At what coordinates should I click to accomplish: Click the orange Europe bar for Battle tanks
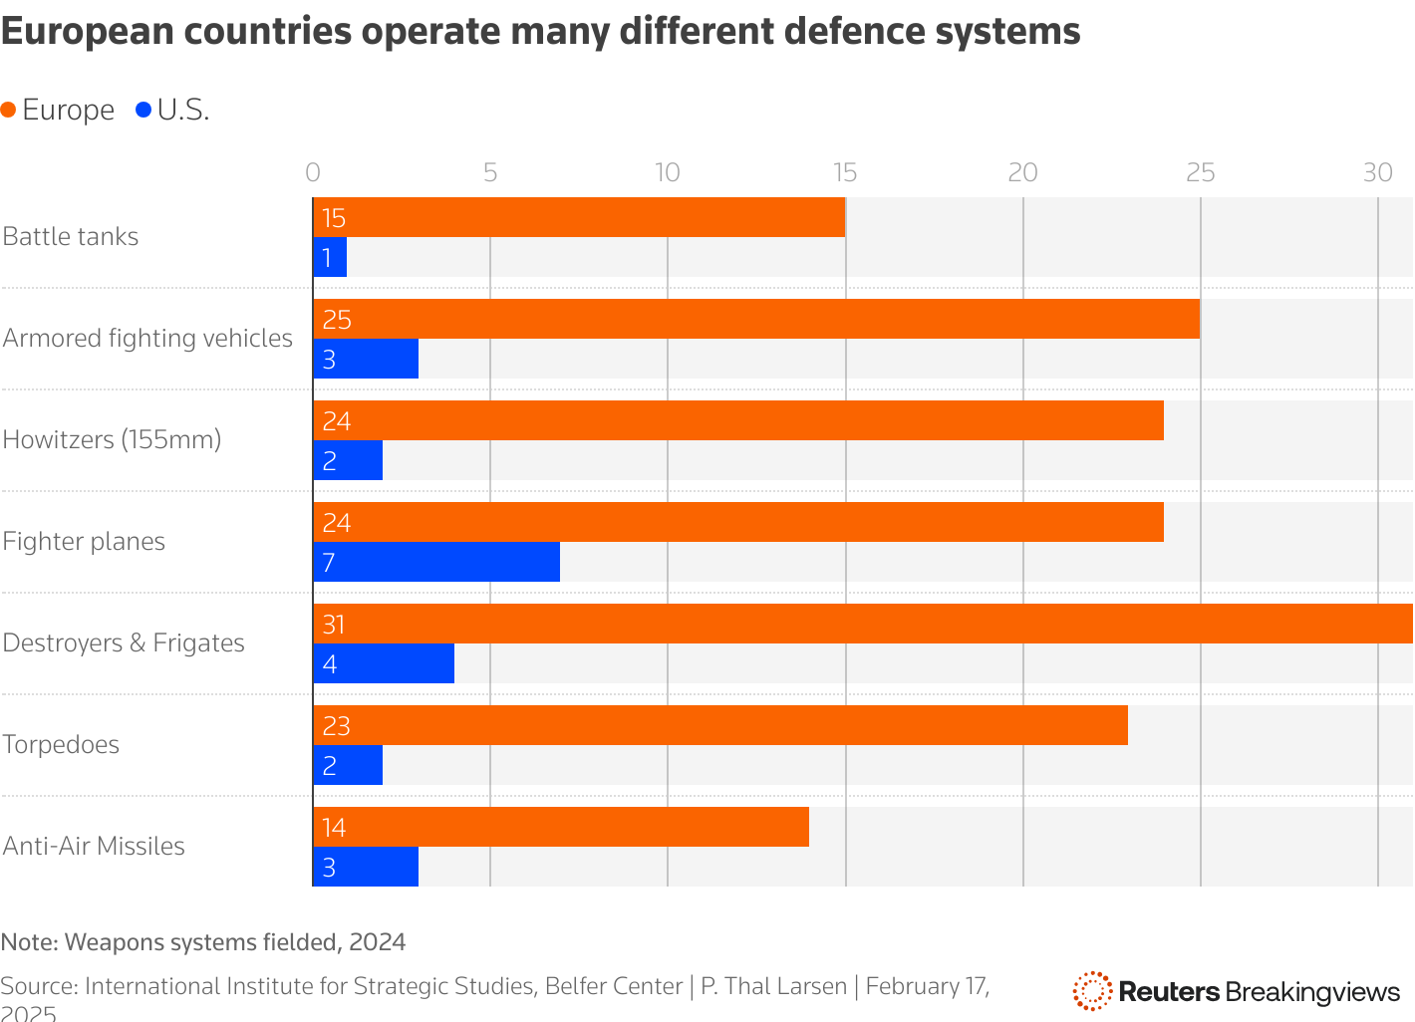(579, 217)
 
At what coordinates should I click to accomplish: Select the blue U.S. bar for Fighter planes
(436, 562)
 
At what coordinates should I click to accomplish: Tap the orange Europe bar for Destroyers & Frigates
(863, 624)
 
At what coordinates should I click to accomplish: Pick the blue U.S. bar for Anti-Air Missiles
(366, 867)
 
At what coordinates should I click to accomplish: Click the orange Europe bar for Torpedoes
(720, 725)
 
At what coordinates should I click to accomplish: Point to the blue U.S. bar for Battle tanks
(330, 257)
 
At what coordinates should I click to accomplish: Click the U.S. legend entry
(172, 110)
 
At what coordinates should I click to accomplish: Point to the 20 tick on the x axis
(1022, 172)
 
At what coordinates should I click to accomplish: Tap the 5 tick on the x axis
(490, 172)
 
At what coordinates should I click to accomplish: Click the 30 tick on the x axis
(1377, 172)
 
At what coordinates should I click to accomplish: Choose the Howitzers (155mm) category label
(112, 439)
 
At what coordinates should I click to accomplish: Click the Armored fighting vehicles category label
(147, 338)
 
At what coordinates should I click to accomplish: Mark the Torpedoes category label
(61, 744)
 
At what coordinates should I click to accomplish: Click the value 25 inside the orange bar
(337, 320)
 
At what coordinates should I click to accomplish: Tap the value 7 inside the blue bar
(329, 563)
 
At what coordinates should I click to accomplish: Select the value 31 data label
(334, 625)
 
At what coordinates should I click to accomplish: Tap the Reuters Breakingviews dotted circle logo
(1091, 991)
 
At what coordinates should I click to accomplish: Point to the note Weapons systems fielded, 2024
(203, 942)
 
